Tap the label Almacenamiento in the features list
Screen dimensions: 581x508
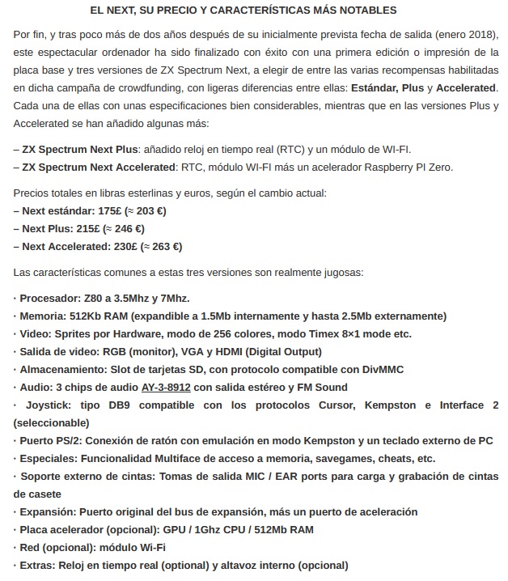click(x=61, y=369)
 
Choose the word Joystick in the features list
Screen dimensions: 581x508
click(x=50, y=405)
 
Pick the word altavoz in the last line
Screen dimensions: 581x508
click(x=236, y=566)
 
